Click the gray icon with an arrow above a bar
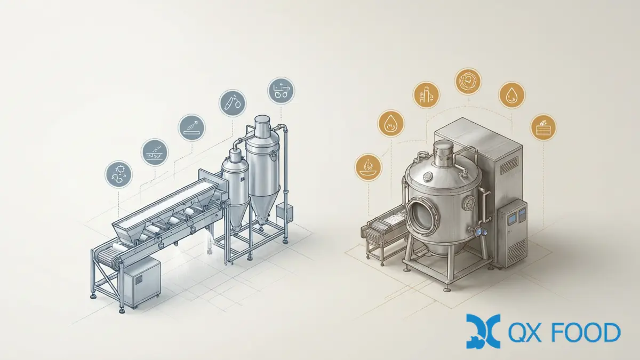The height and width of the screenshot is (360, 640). [191, 127]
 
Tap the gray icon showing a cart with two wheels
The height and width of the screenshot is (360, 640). [281, 91]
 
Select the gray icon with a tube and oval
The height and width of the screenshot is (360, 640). [233, 103]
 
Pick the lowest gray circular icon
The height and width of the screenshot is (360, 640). [118, 174]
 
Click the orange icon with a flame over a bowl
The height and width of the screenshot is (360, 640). [369, 167]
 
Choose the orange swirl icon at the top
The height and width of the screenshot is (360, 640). [468, 82]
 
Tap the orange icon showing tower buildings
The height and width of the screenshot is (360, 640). [427, 95]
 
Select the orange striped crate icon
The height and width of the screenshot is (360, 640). [543, 127]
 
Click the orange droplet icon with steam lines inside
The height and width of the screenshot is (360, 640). [391, 124]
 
